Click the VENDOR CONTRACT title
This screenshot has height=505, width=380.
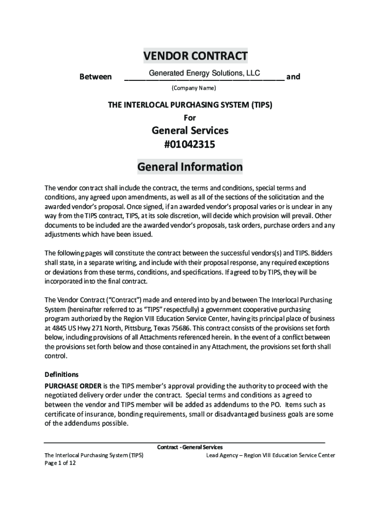pos(195,56)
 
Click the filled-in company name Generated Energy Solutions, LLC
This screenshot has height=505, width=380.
pos(204,73)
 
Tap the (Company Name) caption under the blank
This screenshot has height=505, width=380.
pos(193,88)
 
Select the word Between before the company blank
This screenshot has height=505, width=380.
pos(95,77)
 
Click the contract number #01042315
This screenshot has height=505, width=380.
pos(190,145)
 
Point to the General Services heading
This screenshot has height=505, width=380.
pos(190,131)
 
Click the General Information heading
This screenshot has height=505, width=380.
pos(190,167)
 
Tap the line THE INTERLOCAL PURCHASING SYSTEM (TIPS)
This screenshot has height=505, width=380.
pos(190,105)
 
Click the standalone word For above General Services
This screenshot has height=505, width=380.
pos(190,118)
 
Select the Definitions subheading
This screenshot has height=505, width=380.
pos(62,374)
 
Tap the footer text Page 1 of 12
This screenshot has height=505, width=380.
pos(60,464)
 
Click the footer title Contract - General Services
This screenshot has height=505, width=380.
pos(190,447)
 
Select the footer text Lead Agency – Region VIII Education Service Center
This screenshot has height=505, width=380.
pos(270,455)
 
